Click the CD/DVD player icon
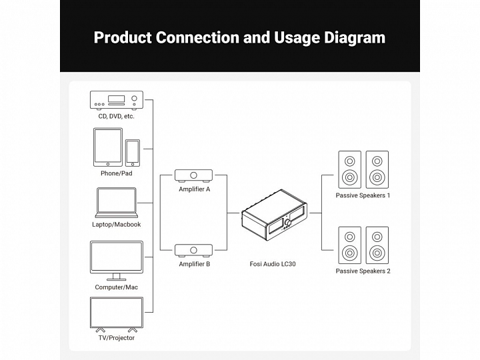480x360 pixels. tap(116, 100)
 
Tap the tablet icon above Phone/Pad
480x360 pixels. tap(108, 147)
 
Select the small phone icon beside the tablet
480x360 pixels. tap(133, 153)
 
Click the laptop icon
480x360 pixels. tap(116, 203)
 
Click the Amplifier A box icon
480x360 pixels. tap(194, 175)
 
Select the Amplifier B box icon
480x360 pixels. tap(194, 251)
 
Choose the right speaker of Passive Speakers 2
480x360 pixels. tap(377, 245)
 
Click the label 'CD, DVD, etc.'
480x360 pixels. tap(116, 116)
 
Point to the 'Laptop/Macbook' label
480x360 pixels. tap(116, 225)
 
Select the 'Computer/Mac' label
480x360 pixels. tap(116, 287)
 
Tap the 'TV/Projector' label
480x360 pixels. tap(116, 338)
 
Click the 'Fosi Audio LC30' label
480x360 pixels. tap(273, 264)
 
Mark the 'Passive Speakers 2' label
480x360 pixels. tap(363, 271)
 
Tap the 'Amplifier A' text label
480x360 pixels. tap(194, 189)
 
